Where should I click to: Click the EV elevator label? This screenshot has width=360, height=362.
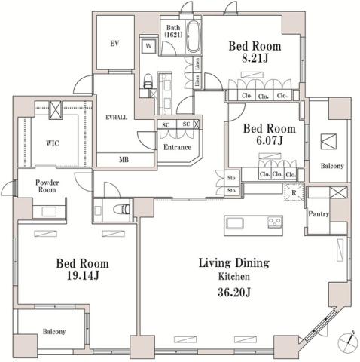click(x=115, y=44)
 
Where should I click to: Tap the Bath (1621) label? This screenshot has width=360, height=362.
click(x=172, y=32)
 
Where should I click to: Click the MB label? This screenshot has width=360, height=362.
click(x=124, y=159)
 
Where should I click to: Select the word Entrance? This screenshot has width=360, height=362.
click(x=177, y=146)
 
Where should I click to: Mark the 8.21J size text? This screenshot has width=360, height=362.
click(x=254, y=59)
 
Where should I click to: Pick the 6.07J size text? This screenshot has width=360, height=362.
click(x=268, y=139)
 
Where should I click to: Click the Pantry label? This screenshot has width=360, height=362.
click(x=318, y=214)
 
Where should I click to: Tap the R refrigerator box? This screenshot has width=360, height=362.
click(x=293, y=192)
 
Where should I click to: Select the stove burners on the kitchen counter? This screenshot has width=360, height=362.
click(x=275, y=222)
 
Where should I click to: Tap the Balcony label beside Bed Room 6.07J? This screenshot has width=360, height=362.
click(x=331, y=165)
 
